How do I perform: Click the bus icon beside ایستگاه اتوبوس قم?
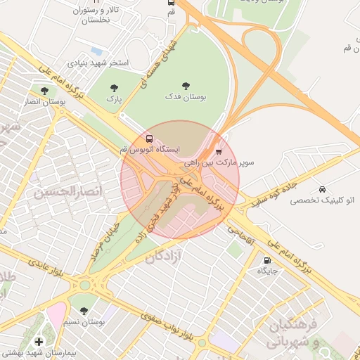click(148, 139)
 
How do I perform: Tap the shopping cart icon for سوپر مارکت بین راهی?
click(218, 151)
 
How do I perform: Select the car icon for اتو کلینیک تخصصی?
click(322, 189)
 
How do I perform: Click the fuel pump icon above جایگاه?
click(266, 259)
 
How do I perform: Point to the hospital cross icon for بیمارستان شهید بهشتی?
click(38, 342)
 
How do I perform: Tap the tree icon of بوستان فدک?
click(186, 85)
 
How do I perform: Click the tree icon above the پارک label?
click(115, 88)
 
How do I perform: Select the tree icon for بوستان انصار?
click(45, 91)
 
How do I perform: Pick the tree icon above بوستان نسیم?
click(84, 311)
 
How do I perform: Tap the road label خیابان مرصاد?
click(104, 238)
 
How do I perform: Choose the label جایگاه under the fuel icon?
click(268, 271)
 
